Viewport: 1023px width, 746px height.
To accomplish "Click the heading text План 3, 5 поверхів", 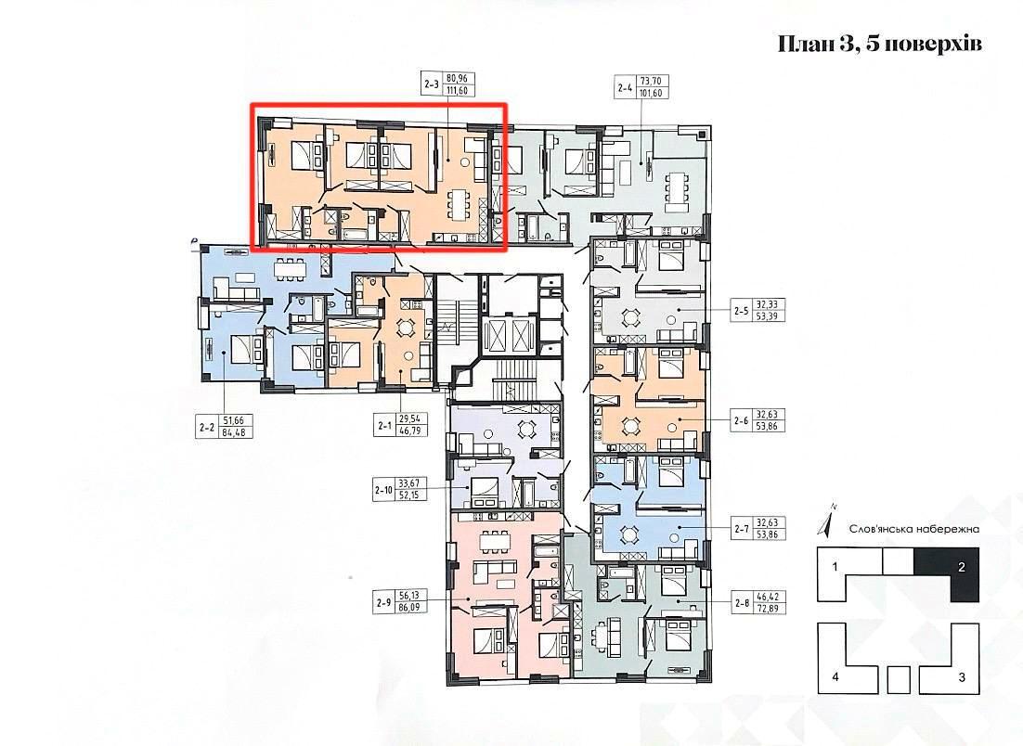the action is (880, 45).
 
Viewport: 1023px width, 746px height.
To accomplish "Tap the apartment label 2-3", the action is (432, 84).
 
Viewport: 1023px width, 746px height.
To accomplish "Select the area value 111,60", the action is (458, 91).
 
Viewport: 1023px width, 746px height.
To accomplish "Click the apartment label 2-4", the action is (625, 86).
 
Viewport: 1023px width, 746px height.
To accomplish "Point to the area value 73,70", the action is (652, 81).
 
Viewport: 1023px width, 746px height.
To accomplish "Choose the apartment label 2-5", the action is (741, 311).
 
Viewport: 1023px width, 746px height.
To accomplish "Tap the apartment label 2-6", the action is (741, 420).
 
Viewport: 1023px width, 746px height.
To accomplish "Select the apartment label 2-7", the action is (741, 529).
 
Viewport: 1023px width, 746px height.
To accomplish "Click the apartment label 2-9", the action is (383, 603).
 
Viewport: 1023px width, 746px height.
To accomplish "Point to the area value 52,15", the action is (409, 495).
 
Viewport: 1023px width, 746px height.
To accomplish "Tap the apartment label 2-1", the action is (384, 426).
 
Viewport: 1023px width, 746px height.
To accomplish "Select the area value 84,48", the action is (234, 431).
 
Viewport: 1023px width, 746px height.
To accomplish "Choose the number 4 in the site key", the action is (835, 677).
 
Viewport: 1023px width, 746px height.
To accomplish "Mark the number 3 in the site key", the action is (962, 677).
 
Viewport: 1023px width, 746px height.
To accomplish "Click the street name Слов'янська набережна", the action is (914, 530).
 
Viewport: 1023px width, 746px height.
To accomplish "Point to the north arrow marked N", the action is (826, 521).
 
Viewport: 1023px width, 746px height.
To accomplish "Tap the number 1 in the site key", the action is (835, 567).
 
